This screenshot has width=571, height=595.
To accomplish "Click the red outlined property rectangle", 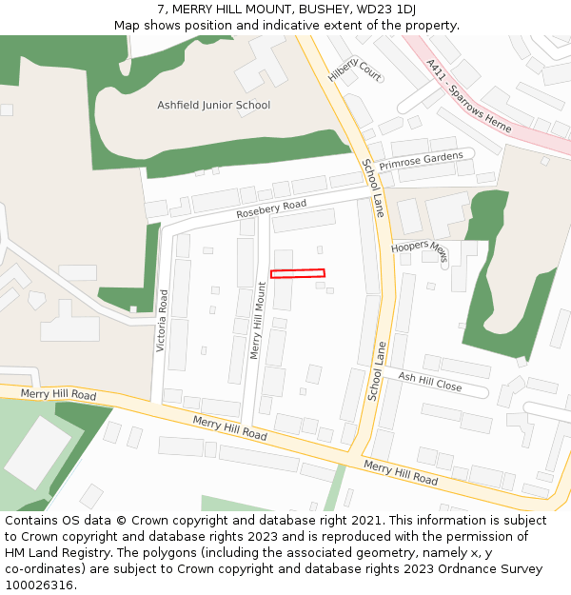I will pyautogui.click(x=298, y=274).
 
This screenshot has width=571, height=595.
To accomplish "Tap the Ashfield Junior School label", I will pyautogui.click(x=213, y=106).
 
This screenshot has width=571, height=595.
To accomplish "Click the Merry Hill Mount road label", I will pyautogui.click(x=256, y=320).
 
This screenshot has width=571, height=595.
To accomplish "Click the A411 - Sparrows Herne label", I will pyautogui.click(x=468, y=96).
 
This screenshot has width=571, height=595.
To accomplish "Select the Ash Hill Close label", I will pyautogui.click(x=430, y=382).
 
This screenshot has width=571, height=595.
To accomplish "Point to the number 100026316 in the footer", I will pyautogui.click(x=40, y=585).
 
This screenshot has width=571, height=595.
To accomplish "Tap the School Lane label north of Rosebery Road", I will pyautogui.click(x=372, y=188).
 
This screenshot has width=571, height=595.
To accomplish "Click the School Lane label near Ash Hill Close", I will pyautogui.click(x=376, y=372).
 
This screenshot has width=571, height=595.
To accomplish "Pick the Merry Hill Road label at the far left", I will pyautogui.click(x=58, y=394).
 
